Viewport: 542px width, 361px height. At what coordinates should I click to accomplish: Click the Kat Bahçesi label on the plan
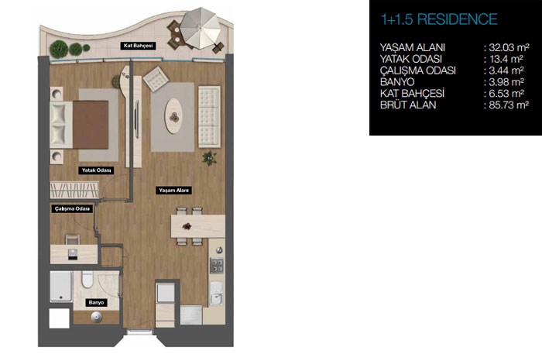click(138, 46)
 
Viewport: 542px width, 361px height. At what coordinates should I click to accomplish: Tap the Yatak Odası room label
click(96, 170)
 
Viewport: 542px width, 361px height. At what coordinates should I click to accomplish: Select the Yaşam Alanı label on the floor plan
click(173, 190)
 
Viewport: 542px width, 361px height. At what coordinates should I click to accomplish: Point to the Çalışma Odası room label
click(72, 209)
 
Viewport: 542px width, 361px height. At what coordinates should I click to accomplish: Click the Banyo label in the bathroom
click(96, 303)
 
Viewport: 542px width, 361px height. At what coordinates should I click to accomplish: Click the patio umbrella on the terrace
click(200, 28)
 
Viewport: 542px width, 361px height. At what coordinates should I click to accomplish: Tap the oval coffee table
click(173, 116)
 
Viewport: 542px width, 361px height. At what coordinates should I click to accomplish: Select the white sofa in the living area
click(209, 117)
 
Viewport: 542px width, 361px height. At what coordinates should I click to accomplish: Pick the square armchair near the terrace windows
click(156, 79)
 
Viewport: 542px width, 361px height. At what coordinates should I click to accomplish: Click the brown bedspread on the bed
click(91, 125)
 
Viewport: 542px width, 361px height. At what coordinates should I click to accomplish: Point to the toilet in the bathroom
click(87, 280)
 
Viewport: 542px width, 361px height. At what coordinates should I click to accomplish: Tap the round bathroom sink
click(97, 317)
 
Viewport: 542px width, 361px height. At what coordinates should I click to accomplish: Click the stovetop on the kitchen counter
click(217, 266)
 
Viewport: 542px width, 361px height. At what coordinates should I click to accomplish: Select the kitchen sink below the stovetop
click(217, 293)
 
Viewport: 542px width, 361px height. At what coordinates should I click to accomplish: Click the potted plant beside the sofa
click(209, 158)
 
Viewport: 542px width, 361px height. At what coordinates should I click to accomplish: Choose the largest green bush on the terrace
click(59, 49)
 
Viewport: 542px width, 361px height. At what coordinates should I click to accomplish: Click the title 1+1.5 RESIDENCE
click(439, 19)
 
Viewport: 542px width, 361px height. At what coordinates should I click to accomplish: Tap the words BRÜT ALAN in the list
click(408, 105)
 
